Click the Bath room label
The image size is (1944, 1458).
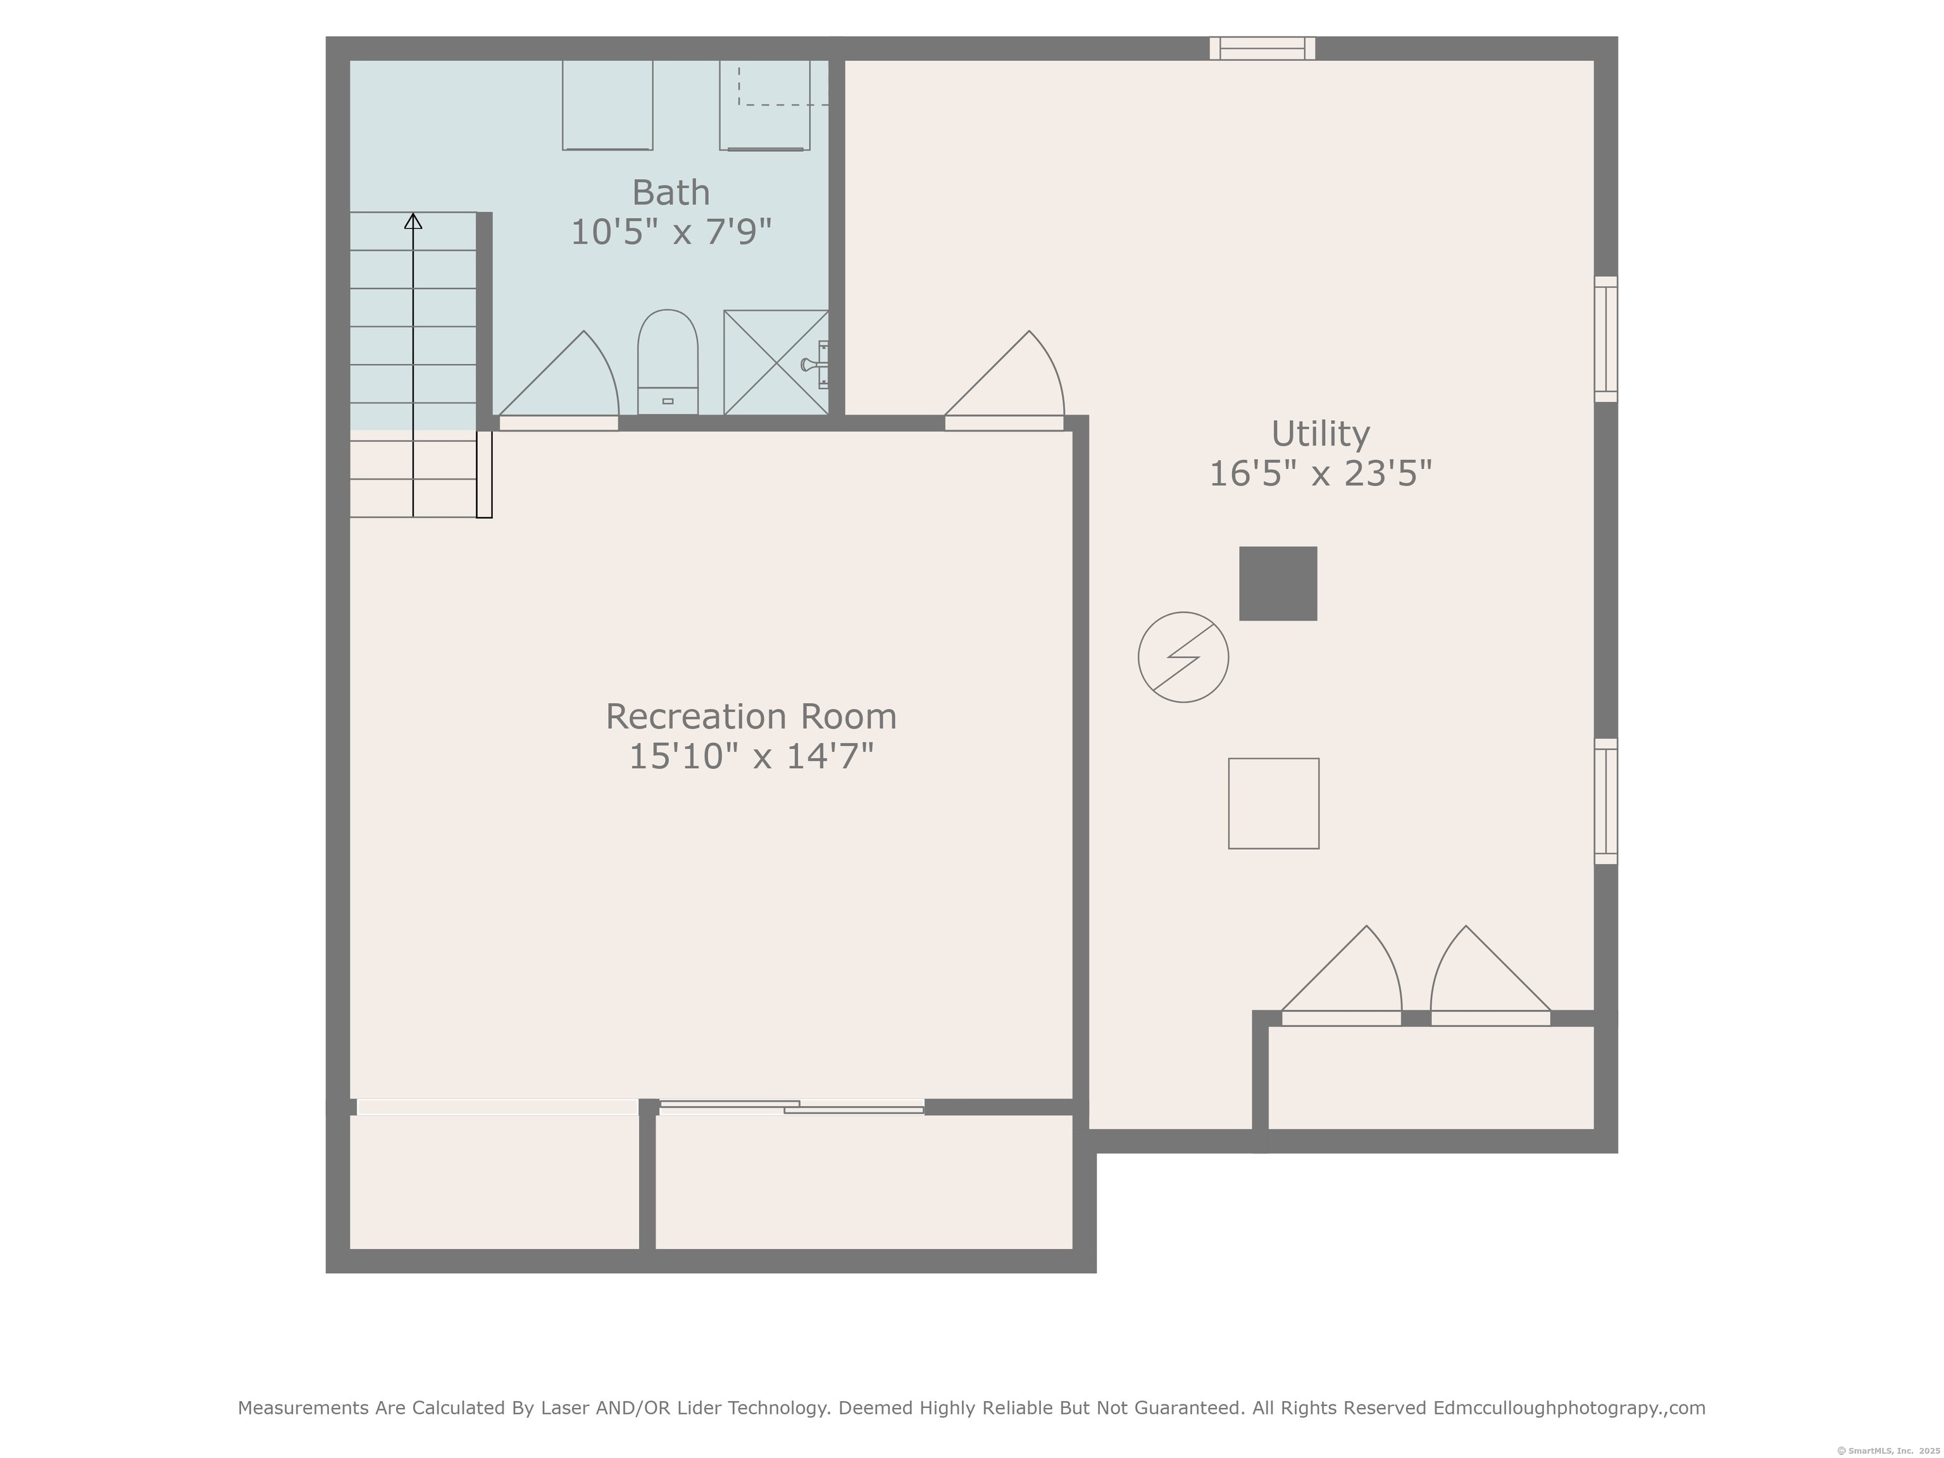(671, 192)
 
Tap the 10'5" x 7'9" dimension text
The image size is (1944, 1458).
(671, 232)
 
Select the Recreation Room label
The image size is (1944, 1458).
(751, 716)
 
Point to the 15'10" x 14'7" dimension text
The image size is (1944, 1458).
(751, 756)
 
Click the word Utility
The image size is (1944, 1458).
(1320, 434)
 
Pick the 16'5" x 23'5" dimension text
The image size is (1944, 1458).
(1320, 474)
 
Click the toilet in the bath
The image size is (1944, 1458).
(668, 361)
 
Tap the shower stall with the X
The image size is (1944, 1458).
(776, 362)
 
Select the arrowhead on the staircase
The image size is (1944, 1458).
(413, 221)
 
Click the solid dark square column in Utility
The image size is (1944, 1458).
(1278, 583)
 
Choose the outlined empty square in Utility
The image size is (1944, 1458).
(1273, 803)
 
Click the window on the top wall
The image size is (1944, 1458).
(1262, 48)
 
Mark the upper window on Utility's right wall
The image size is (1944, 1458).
(1605, 339)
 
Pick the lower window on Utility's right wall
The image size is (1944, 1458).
(1605, 802)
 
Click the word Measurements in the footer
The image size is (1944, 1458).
(303, 1408)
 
